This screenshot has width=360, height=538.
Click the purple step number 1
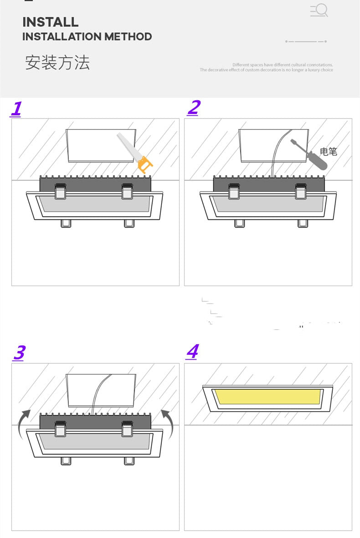pos(16,109)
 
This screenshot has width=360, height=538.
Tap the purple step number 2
pos(193,108)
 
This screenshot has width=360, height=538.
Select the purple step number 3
pos(19,353)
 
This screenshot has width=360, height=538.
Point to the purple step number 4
pos(192,352)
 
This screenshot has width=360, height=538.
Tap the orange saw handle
pos(145,165)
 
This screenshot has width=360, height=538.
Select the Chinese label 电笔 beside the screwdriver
pos(329,152)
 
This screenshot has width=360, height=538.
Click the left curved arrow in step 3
pos(24,422)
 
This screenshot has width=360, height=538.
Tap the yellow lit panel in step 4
pos(267,397)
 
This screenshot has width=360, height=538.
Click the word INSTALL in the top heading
pos(50,22)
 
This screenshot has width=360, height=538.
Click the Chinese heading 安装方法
pos(57,62)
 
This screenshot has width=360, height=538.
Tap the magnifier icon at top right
pos(319,10)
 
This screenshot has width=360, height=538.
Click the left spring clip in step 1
pos(60,191)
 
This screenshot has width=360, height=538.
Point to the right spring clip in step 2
pos(300,191)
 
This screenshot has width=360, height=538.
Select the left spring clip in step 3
pos(60,429)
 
